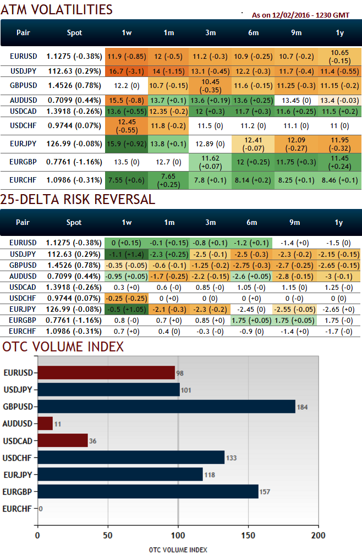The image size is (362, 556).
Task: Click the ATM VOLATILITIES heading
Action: click(57, 9)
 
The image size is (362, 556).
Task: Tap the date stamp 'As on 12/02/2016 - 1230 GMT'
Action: click(303, 15)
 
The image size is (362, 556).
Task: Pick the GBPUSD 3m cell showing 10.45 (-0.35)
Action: click(210, 85)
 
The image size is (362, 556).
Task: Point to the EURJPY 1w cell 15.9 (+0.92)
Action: click(127, 144)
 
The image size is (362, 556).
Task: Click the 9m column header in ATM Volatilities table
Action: click(297, 33)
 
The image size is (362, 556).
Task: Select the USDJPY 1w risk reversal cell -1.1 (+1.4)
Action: click(127, 254)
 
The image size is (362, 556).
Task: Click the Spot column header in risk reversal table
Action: click(74, 223)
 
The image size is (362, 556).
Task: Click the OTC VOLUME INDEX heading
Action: click(63, 346)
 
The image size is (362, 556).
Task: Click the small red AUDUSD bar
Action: click(45, 423)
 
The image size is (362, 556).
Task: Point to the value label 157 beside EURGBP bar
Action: click(266, 492)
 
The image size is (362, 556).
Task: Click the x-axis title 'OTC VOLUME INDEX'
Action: click(178, 549)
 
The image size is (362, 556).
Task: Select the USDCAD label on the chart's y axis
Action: click(18, 441)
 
